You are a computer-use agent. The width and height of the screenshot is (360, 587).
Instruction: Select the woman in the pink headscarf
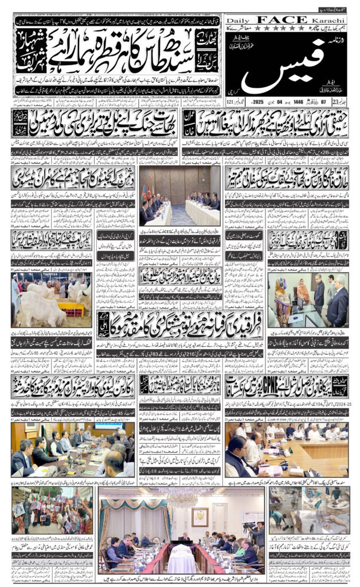[x=303, y=291]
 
